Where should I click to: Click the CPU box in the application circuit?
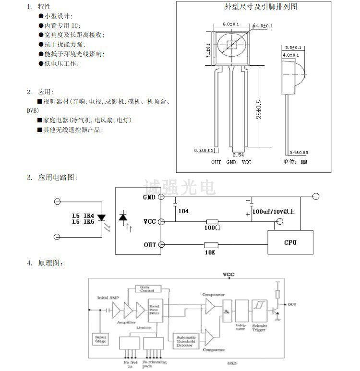(x=289, y=242)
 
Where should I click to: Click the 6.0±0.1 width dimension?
(x=231, y=24)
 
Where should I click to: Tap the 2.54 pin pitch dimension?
(x=238, y=155)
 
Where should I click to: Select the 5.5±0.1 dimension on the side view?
(x=293, y=48)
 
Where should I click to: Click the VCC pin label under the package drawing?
(x=247, y=162)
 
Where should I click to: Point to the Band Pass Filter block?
(x=154, y=309)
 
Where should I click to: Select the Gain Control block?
(x=147, y=288)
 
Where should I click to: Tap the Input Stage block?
(x=100, y=339)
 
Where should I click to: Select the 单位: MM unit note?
(x=295, y=162)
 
